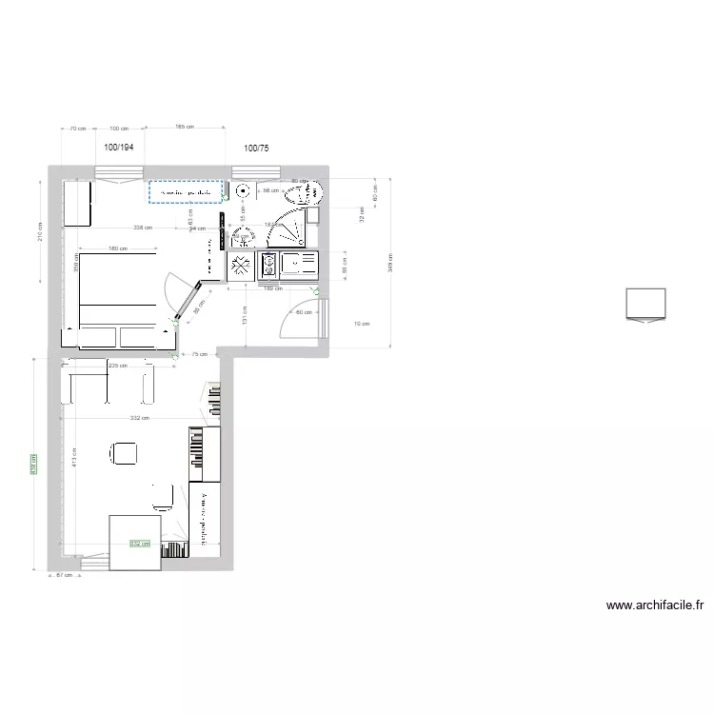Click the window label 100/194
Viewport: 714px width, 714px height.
(x=119, y=148)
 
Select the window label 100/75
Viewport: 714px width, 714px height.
(x=256, y=148)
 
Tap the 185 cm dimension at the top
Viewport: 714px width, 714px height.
(x=184, y=127)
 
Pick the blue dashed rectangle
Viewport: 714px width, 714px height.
(x=186, y=191)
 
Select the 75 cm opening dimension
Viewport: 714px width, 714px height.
(x=199, y=354)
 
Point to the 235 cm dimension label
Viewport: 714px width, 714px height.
(x=118, y=365)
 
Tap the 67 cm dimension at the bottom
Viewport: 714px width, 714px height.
(x=64, y=575)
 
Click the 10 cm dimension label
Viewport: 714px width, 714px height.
(x=361, y=324)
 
